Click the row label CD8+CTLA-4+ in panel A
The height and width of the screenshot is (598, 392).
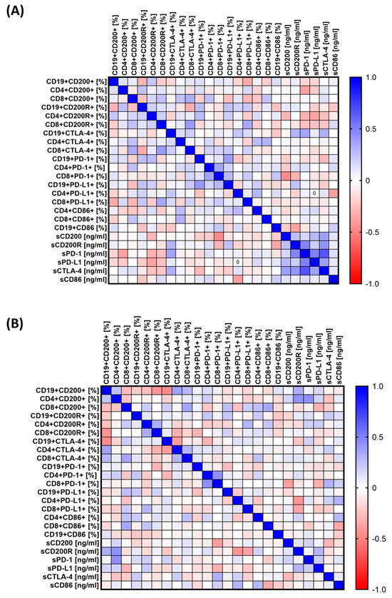pos(74,151)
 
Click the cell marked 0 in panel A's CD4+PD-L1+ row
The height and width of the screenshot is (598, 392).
pos(314,193)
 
